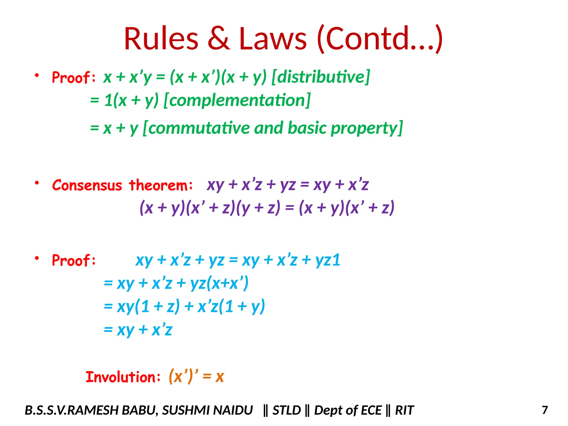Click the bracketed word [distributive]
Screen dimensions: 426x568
[x=321, y=77]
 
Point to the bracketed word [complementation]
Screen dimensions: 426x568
[x=237, y=100]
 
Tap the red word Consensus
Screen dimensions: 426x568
[x=87, y=185]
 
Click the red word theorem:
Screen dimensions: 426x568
[x=161, y=185]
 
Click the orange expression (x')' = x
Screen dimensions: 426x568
[x=196, y=377]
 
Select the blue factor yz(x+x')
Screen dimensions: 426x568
[x=219, y=283]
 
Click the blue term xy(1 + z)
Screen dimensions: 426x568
[x=148, y=307]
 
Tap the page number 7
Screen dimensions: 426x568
[x=545, y=410]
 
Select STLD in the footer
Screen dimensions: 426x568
[x=286, y=410]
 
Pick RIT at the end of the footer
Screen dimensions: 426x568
[x=404, y=410]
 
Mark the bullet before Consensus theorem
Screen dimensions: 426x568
[x=37, y=183]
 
